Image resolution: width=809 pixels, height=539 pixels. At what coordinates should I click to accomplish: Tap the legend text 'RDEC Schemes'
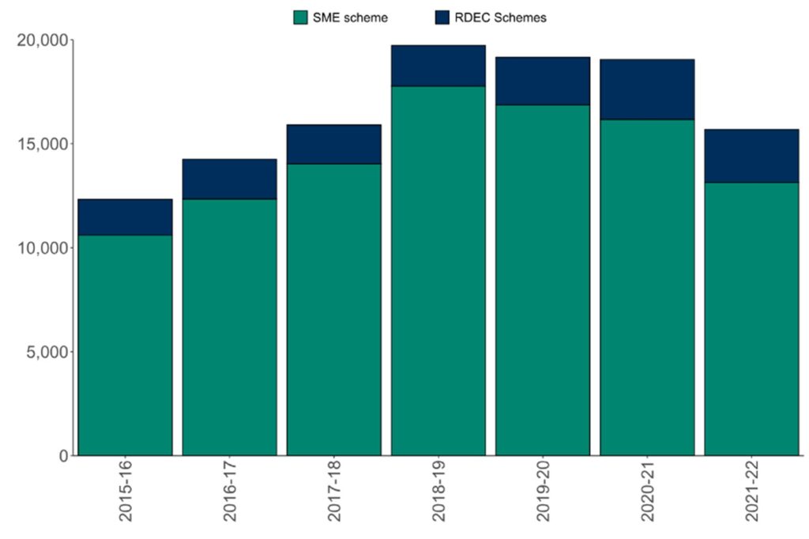500,18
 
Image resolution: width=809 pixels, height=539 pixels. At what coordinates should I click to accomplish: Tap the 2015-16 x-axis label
126,497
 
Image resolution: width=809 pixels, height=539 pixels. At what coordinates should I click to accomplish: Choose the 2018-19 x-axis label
439,497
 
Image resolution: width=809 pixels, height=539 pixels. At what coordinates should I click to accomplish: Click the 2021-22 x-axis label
752,497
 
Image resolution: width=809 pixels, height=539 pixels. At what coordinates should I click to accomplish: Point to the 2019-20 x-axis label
544,497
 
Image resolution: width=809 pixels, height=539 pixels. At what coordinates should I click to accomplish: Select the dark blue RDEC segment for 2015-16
126,217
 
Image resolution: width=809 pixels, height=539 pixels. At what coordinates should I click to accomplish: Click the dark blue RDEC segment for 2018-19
438,66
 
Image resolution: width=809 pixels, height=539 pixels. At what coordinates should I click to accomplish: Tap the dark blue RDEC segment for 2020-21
647,89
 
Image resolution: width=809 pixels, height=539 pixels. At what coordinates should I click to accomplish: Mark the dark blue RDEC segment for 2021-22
751,156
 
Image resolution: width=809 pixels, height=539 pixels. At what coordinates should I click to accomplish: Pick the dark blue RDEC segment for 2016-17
230,179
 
